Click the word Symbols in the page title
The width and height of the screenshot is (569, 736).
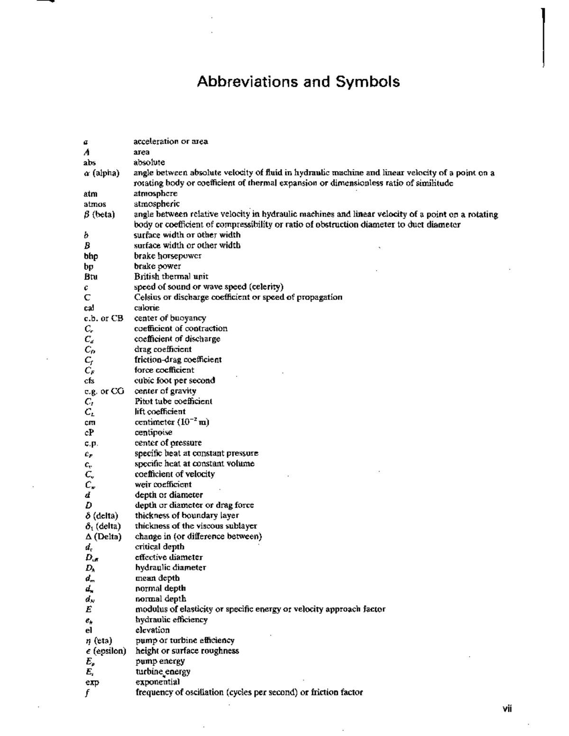(367, 82)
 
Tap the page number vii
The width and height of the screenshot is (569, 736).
(507, 709)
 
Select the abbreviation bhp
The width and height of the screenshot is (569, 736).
(91, 256)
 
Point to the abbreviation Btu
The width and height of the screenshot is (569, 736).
(91, 277)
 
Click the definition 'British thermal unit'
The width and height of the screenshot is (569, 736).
(171, 276)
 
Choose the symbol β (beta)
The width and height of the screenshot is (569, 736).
(99, 215)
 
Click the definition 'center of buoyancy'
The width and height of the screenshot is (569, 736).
(170, 318)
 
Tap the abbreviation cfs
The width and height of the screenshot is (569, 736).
(89, 381)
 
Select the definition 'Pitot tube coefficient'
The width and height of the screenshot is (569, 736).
(173, 401)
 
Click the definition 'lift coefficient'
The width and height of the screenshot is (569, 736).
(160, 411)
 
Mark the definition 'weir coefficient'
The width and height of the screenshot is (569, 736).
(163, 484)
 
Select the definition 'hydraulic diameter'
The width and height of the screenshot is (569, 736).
(170, 567)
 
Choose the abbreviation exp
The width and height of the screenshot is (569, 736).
(92, 682)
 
